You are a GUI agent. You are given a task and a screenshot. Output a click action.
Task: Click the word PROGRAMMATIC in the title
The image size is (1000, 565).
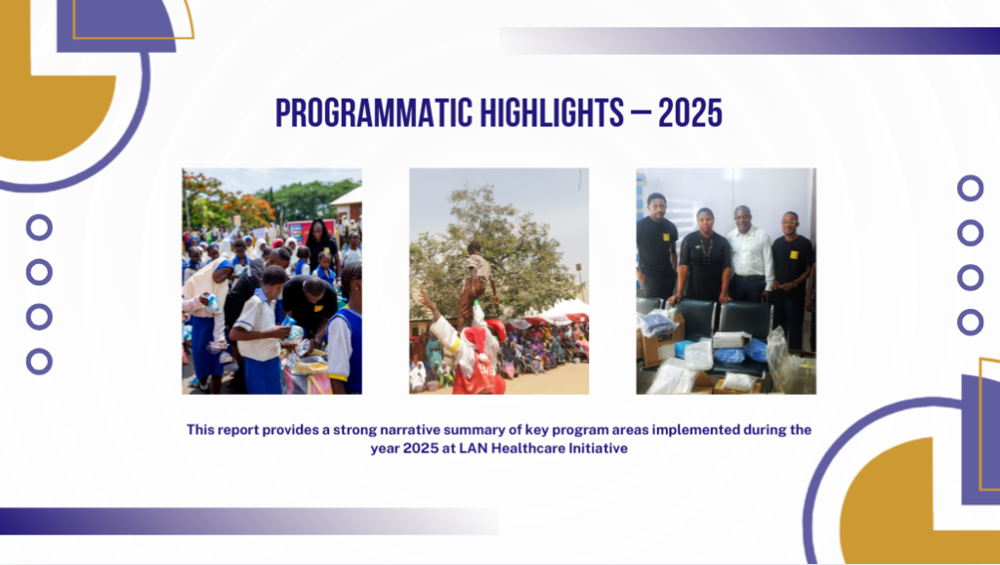374,113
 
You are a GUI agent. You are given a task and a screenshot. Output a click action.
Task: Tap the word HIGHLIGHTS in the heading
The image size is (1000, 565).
552,113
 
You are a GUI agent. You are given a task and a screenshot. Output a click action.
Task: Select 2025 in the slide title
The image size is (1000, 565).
690,113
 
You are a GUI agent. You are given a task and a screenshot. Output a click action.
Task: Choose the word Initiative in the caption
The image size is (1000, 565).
599,448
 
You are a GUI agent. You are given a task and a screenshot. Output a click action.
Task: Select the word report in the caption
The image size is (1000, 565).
238,430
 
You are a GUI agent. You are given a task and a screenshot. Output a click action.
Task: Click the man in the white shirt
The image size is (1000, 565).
749,255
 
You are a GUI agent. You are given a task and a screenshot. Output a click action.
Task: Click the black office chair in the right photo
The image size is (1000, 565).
742,332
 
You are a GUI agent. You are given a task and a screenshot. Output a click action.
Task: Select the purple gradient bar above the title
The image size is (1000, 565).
749,41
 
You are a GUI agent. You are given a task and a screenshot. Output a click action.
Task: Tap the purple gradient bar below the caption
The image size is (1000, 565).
249,521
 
